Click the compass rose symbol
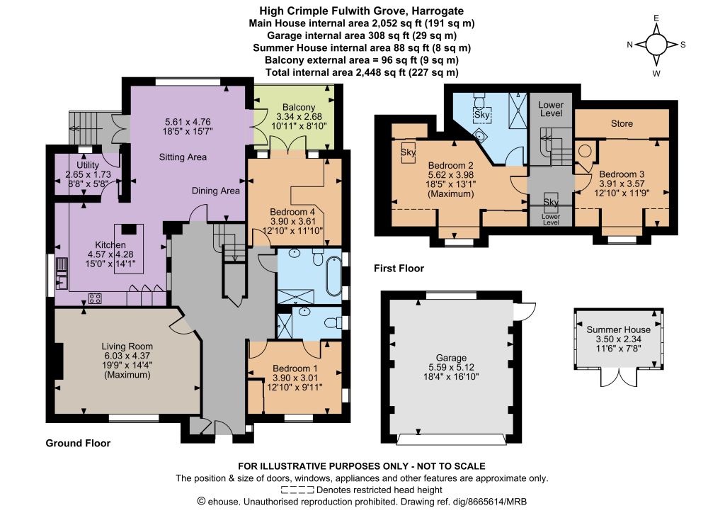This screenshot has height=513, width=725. (x=656, y=45)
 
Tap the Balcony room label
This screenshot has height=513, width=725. (x=299, y=107)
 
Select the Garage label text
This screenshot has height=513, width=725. (x=451, y=358)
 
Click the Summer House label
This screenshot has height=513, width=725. (x=618, y=329)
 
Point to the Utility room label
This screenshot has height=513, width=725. (x=88, y=164)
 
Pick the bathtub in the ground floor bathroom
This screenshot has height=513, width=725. (x=333, y=276)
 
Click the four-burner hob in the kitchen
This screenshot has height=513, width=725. (x=95, y=298)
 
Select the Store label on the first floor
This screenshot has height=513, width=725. (x=622, y=123)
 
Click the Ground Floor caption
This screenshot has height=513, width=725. (x=78, y=443)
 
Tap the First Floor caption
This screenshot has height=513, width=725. (x=399, y=269)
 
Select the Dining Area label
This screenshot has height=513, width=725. (x=215, y=191)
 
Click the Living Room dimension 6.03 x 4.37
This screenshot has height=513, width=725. (x=127, y=356)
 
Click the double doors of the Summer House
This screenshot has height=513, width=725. (x=619, y=377)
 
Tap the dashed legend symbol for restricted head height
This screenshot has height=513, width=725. (x=297, y=490)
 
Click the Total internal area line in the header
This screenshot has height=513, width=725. (x=362, y=72)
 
